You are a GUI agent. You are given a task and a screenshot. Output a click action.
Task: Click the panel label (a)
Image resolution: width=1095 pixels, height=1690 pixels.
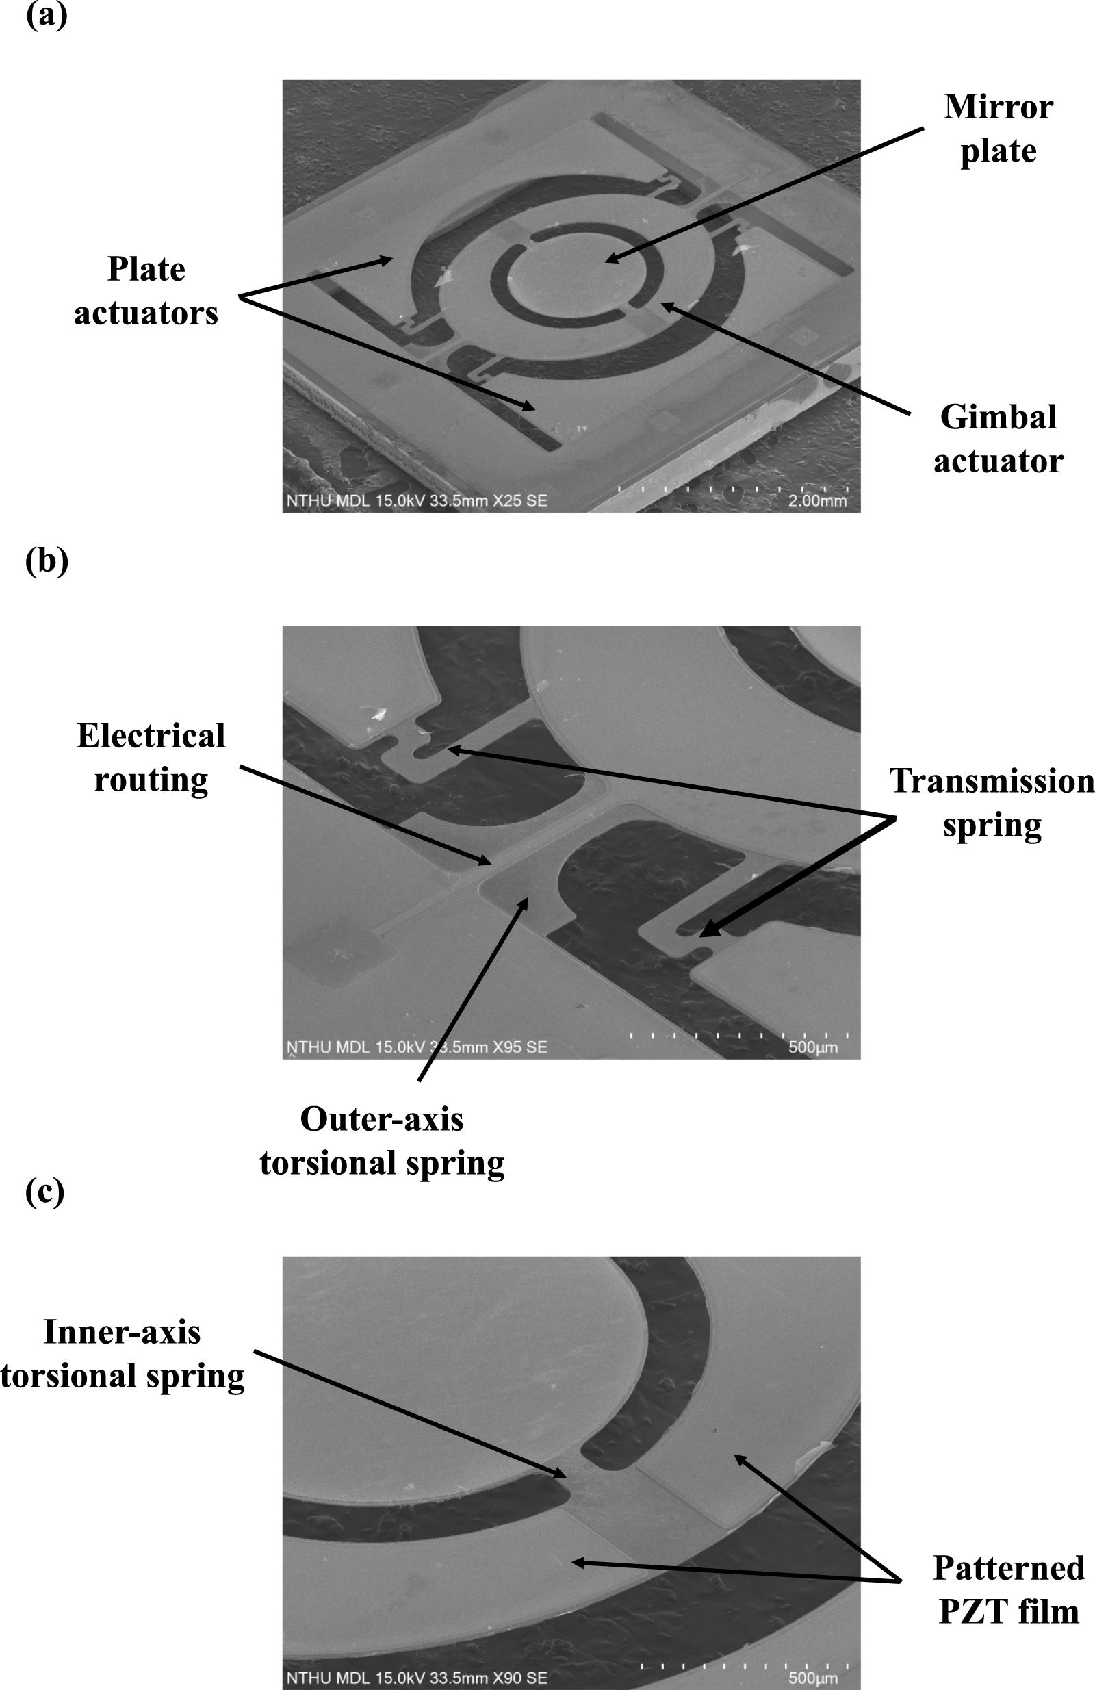pyautogui.click(x=46, y=16)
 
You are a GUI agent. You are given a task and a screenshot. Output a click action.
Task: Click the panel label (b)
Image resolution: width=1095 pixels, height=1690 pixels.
pyautogui.click(x=46, y=561)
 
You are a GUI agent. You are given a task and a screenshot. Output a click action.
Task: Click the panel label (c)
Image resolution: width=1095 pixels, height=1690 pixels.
pyautogui.click(x=44, y=1192)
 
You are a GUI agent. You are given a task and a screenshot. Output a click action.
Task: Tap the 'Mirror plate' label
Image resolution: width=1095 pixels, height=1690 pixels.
pyautogui.click(x=998, y=129)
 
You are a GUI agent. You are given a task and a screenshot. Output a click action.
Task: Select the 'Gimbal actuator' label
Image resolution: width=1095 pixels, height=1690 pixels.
pyautogui.click(x=998, y=439)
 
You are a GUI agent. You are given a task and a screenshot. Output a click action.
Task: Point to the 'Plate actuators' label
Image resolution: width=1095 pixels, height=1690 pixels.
pyautogui.click(x=146, y=291)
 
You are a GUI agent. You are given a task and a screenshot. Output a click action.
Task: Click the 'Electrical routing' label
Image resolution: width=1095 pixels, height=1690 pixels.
pyautogui.click(x=151, y=757)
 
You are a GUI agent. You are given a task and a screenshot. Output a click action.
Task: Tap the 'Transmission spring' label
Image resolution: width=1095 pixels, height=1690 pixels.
pyautogui.click(x=992, y=802)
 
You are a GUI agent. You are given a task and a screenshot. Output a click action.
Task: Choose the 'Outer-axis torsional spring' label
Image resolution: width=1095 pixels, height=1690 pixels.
pyautogui.click(x=382, y=1140)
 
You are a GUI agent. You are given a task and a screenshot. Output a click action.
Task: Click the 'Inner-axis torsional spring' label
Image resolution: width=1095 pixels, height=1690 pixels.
pyautogui.click(x=122, y=1353)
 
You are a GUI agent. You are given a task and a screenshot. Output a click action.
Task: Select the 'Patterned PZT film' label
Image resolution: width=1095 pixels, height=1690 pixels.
pyautogui.click(x=1008, y=1589)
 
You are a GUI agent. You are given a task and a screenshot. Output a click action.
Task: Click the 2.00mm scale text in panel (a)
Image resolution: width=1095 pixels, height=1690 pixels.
pyautogui.click(x=817, y=500)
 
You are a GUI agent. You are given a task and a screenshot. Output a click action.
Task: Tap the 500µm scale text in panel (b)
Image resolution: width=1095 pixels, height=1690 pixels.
pyautogui.click(x=813, y=1047)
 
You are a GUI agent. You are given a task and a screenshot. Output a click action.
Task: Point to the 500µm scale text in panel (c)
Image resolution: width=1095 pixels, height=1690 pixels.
pyautogui.click(x=813, y=1678)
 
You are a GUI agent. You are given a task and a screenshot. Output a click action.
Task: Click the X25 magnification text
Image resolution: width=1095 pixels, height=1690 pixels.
pyautogui.click(x=507, y=500)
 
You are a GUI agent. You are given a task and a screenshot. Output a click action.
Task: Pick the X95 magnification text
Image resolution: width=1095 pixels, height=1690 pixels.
pyautogui.click(x=507, y=1047)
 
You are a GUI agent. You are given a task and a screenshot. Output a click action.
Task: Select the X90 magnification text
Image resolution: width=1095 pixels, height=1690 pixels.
pyautogui.click(x=507, y=1678)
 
